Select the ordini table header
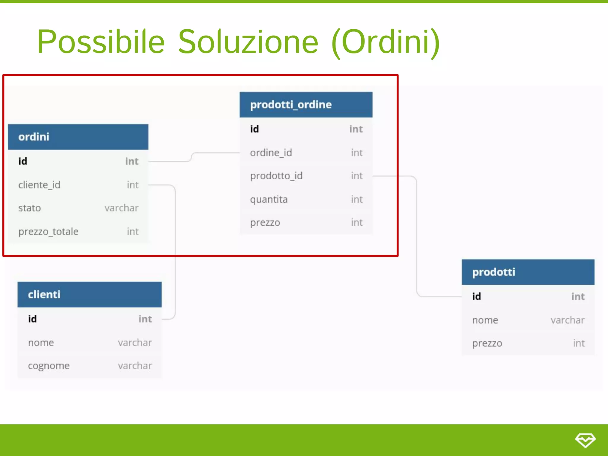[78, 137]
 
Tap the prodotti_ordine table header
[306, 105]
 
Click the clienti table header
[89, 294]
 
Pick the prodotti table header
[528, 272]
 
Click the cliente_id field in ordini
[39, 185]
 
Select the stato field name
[29, 208]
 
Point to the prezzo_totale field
[48, 232]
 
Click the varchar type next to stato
[121, 208]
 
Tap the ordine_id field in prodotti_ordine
[271, 153]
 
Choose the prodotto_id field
[276, 176]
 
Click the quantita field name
[269, 199]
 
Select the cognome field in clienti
[49, 366]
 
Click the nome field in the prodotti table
[485, 320]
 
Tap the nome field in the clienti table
[41, 343]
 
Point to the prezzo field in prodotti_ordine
[265, 222]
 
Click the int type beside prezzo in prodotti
[579, 343]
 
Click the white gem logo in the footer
[585, 440]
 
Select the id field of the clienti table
[32, 319]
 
